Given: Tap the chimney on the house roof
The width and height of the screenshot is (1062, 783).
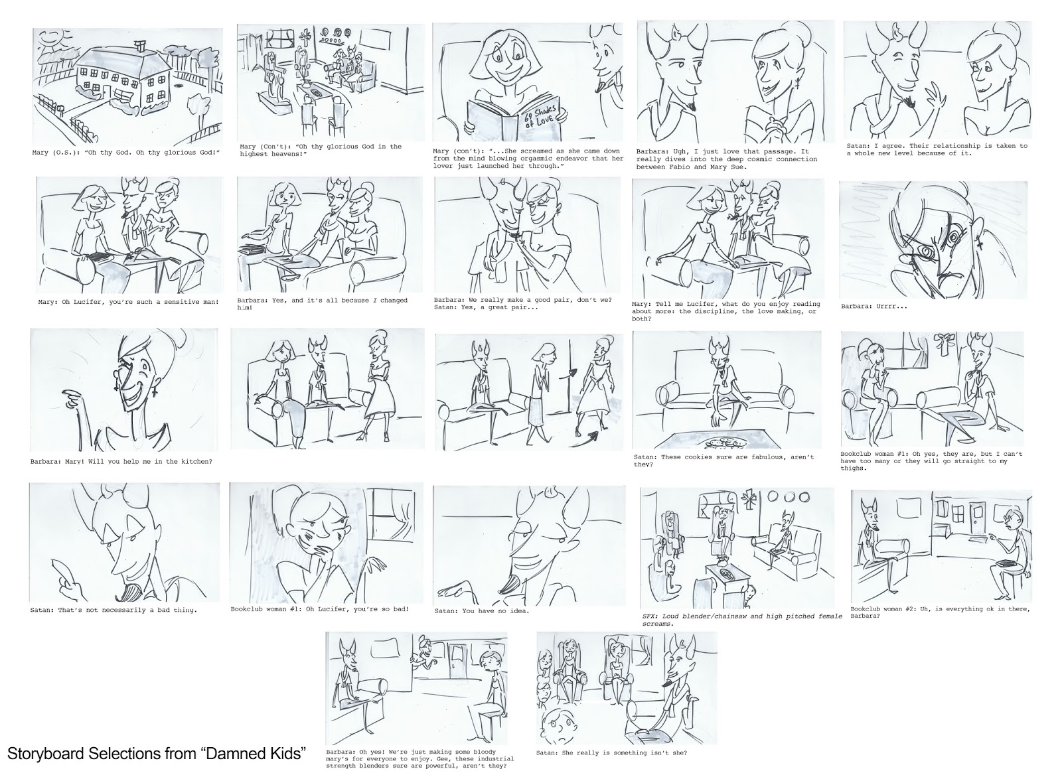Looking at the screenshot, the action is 140,46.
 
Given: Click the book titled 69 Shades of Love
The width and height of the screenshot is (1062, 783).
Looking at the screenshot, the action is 514,119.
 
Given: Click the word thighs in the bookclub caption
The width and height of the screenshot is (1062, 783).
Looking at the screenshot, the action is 854,468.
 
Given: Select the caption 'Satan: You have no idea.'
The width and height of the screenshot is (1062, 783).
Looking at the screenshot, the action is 482,611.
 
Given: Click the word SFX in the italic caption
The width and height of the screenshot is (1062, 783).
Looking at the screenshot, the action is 650,616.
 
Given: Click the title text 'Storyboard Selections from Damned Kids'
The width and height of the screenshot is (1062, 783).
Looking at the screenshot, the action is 156,753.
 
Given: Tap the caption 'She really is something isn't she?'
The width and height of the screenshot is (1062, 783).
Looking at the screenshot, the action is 611,752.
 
